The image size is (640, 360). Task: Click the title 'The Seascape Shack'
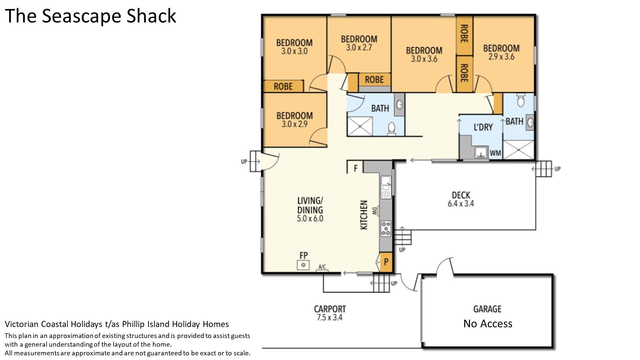point(90,16)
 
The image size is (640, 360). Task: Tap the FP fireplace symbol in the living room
point(303,265)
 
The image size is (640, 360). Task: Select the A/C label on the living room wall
point(322,267)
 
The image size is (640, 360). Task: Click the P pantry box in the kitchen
point(386,262)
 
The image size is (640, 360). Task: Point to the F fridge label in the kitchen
point(356,168)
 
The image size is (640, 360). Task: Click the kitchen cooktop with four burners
point(386,229)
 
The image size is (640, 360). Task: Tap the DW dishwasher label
point(375,211)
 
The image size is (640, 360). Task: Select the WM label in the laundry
point(495,153)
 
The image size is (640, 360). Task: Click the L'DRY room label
point(483,127)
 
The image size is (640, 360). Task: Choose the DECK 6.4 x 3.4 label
point(461,199)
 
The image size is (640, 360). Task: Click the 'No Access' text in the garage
point(488,323)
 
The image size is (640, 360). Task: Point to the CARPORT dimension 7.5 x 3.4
point(330,317)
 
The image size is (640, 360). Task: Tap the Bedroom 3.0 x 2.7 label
point(359,43)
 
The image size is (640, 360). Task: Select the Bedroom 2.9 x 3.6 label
point(501,52)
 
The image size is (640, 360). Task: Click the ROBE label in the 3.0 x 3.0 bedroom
point(283,86)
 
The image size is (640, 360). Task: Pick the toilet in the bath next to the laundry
point(521,100)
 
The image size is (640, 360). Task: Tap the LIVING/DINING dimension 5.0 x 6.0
point(310,219)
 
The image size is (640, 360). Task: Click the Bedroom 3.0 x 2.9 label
point(295,120)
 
